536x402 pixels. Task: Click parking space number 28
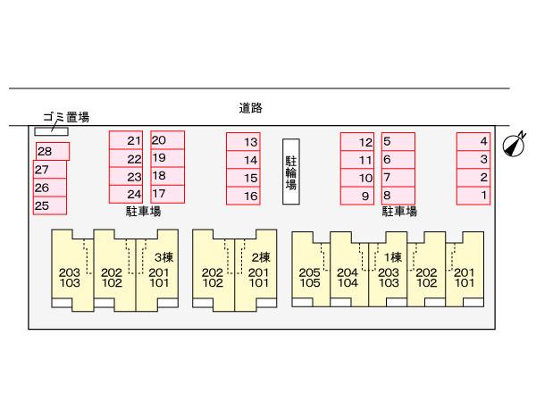[x=52, y=152]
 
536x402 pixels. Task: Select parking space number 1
[x=473, y=195]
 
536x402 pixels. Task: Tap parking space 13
[x=243, y=142]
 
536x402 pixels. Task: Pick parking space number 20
[x=167, y=140]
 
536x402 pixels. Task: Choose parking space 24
[x=126, y=195]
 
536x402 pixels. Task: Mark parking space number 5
[x=398, y=141]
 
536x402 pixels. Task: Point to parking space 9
[x=357, y=196]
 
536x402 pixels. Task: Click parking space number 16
[x=243, y=196]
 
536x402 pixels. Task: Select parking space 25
[x=50, y=205]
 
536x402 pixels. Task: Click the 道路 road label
[x=250, y=108]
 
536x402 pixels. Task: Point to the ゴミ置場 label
[x=66, y=116]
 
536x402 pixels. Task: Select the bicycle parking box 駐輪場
[x=290, y=172]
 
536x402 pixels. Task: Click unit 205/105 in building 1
[x=309, y=278]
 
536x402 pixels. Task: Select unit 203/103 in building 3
[x=70, y=278]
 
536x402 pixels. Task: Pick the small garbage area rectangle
[x=50, y=131]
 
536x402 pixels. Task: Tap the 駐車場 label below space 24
[x=143, y=212]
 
